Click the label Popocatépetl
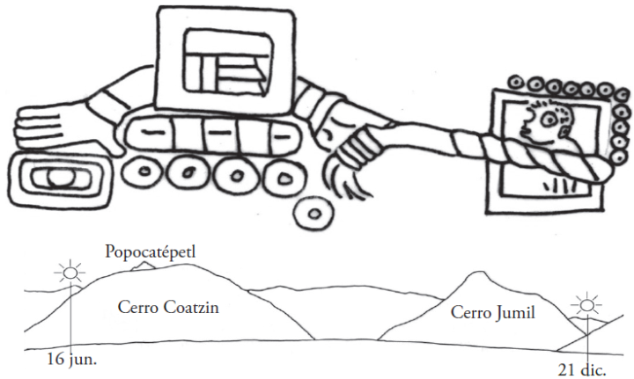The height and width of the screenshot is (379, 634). (150, 251)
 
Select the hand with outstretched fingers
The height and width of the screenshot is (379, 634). (53, 127)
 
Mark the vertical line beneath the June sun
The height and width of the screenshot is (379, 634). (70, 317)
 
